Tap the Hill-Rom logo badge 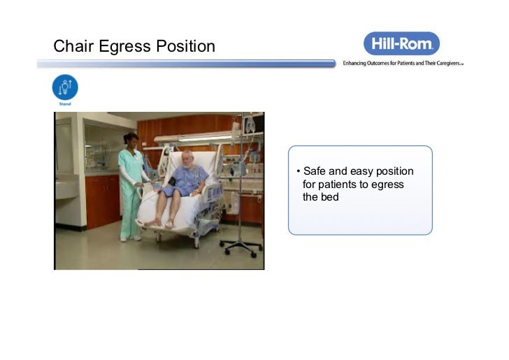[401, 43]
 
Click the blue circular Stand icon [65, 88]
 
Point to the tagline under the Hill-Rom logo [403, 63]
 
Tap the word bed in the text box [330, 197]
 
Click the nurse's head [130, 139]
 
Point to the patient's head [186, 158]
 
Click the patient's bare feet [159, 223]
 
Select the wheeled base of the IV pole [240, 246]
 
